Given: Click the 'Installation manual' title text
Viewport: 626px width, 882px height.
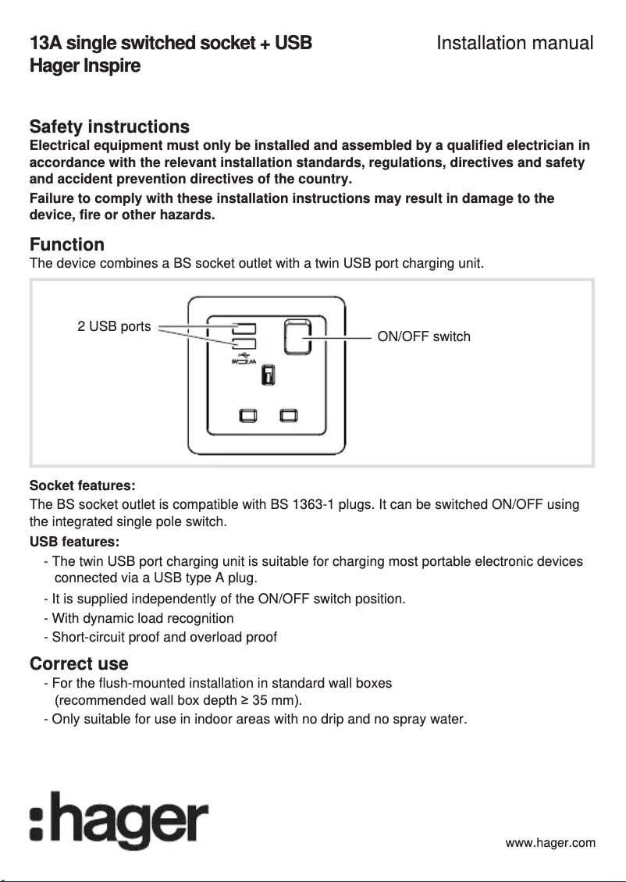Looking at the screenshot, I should click(x=514, y=43).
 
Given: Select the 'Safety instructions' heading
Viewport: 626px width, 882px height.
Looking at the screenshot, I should click(x=109, y=126).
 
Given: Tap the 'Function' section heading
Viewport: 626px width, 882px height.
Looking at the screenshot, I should click(x=66, y=245).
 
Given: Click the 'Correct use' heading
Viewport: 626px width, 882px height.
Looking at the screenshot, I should click(x=79, y=663).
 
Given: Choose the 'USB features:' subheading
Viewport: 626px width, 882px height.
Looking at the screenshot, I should click(x=74, y=542).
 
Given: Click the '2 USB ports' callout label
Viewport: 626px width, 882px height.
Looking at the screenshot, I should click(x=114, y=326).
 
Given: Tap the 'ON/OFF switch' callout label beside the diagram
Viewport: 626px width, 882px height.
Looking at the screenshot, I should click(x=424, y=336).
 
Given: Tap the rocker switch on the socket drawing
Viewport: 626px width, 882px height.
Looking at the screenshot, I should click(x=297, y=336).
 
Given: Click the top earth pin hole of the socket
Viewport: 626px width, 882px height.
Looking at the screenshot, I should click(x=268, y=375).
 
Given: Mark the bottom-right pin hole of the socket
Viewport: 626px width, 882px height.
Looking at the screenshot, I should click(x=289, y=414).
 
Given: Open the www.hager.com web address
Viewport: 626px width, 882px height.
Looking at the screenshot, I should click(x=550, y=842).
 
